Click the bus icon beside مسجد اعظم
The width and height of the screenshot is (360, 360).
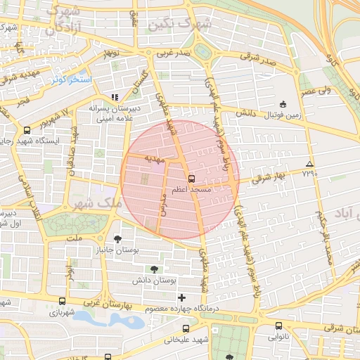click(x=191, y=179)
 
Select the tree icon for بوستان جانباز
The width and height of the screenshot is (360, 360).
click(x=117, y=239)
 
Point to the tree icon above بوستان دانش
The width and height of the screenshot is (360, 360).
click(x=154, y=269)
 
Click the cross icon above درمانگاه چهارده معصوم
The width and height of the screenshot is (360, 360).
click(x=182, y=297)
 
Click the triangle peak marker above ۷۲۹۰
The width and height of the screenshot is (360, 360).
click(x=310, y=163)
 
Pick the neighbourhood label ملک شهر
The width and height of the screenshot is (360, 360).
click(x=96, y=202)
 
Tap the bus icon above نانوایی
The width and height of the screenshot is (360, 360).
click(x=279, y=326)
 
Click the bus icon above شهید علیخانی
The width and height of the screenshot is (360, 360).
click(x=186, y=328)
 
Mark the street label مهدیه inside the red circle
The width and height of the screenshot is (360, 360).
click(x=153, y=159)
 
